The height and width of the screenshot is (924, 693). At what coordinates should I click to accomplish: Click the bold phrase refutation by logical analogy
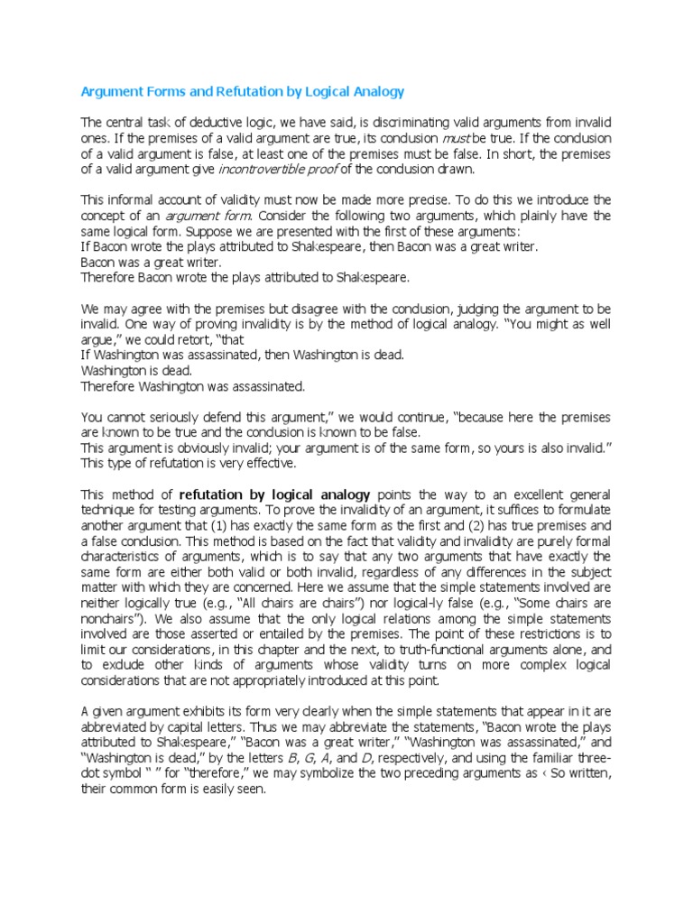point(275,494)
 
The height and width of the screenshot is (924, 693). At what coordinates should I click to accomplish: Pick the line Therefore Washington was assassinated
point(193,386)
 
